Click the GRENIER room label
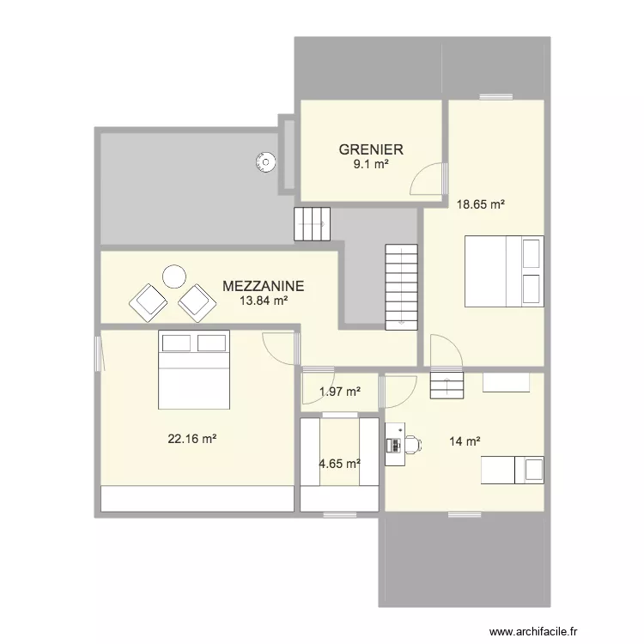click(370, 149)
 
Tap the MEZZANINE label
click(263, 287)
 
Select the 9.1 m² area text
click(370, 164)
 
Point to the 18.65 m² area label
click(480, 204)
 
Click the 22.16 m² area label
click(191, 438)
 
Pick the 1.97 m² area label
click(339, 392)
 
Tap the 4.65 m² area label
click(339, 464)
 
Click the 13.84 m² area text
click(263, 301)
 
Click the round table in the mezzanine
click(174, 276)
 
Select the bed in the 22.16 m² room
click(193, 371)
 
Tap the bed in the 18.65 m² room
click(504, 271)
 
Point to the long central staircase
click(401, 285)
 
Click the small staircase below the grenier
click(313, 224)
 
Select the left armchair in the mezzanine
click(148, 301)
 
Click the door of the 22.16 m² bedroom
click(280, 348)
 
